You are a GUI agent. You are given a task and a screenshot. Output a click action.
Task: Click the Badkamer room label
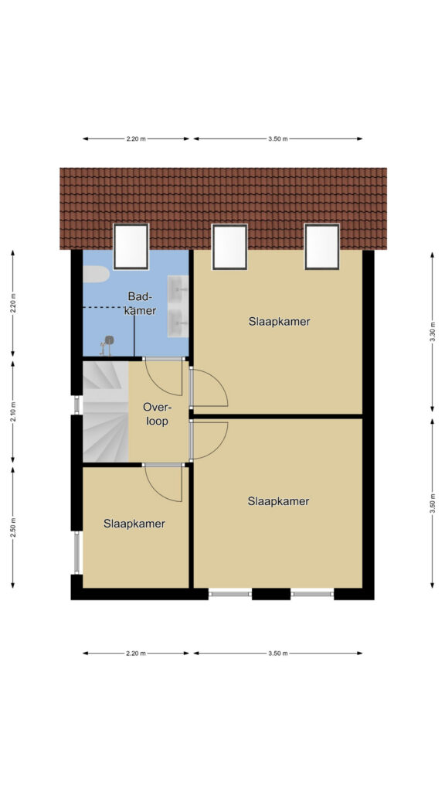(141, 303)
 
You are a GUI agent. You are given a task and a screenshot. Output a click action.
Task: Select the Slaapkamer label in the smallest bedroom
(134, 524)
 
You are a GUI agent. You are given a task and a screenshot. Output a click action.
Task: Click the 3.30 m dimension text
(433, 332)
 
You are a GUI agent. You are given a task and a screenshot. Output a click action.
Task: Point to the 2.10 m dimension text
(13, 411)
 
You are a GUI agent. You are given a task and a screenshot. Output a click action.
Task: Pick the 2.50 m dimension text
(13, 527)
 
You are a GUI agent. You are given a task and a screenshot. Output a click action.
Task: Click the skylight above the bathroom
(131, 247)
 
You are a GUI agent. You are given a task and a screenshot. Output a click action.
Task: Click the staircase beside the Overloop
(105, 411)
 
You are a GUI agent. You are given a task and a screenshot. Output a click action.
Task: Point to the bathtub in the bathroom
(96, 275)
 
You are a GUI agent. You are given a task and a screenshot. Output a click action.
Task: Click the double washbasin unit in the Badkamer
(178, 306)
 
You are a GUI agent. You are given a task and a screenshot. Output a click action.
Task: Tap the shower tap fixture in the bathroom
(107, 346)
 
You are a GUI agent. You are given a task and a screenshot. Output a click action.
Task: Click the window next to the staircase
(77, 405)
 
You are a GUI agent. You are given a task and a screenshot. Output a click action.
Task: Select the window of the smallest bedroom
(77, 552)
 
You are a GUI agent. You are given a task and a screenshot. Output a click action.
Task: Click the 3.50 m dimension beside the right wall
(433, 504)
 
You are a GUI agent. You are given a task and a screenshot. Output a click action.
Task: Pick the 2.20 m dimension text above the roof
(136, 139)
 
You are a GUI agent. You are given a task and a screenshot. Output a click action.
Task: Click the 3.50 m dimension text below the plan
(278, 653)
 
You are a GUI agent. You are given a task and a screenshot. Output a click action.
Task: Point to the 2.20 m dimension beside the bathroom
(13, 303)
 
